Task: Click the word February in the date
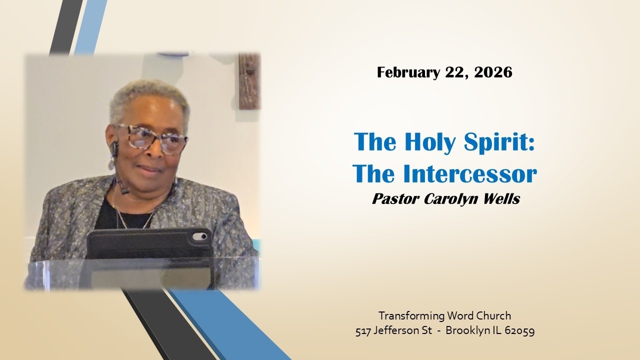click(x=408, y=73)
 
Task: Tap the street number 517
click(x=364, y=331)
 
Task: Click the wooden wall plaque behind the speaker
click(x=249, y=81)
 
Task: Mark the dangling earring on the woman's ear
click(x=111, y=162)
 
